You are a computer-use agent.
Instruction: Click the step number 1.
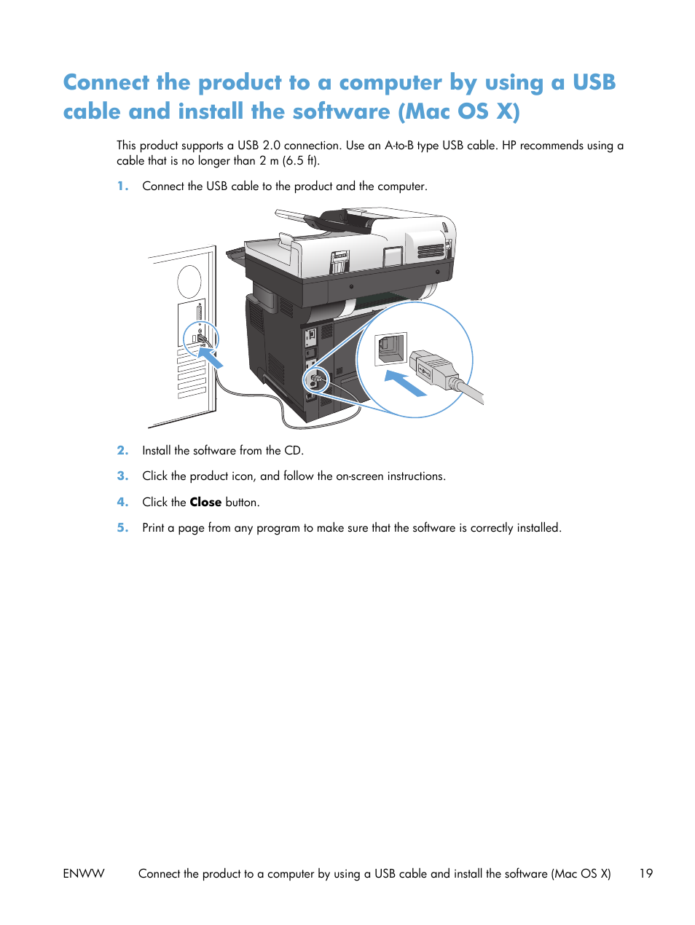122,186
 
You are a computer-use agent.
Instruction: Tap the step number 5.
122,528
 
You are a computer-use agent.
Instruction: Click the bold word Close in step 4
205,503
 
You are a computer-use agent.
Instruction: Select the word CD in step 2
293,451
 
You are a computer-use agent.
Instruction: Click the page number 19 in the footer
645,873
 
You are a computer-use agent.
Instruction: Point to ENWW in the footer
84,873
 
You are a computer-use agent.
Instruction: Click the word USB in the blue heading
594,82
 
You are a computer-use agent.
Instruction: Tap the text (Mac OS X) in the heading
459,111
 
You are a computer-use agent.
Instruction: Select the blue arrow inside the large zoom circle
405,383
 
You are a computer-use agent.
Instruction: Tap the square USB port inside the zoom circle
390,349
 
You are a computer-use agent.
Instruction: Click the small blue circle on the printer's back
316,380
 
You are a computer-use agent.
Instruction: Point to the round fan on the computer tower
189,281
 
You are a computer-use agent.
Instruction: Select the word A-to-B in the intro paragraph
398,146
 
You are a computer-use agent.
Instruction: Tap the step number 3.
122,476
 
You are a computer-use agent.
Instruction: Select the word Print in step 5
153,528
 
